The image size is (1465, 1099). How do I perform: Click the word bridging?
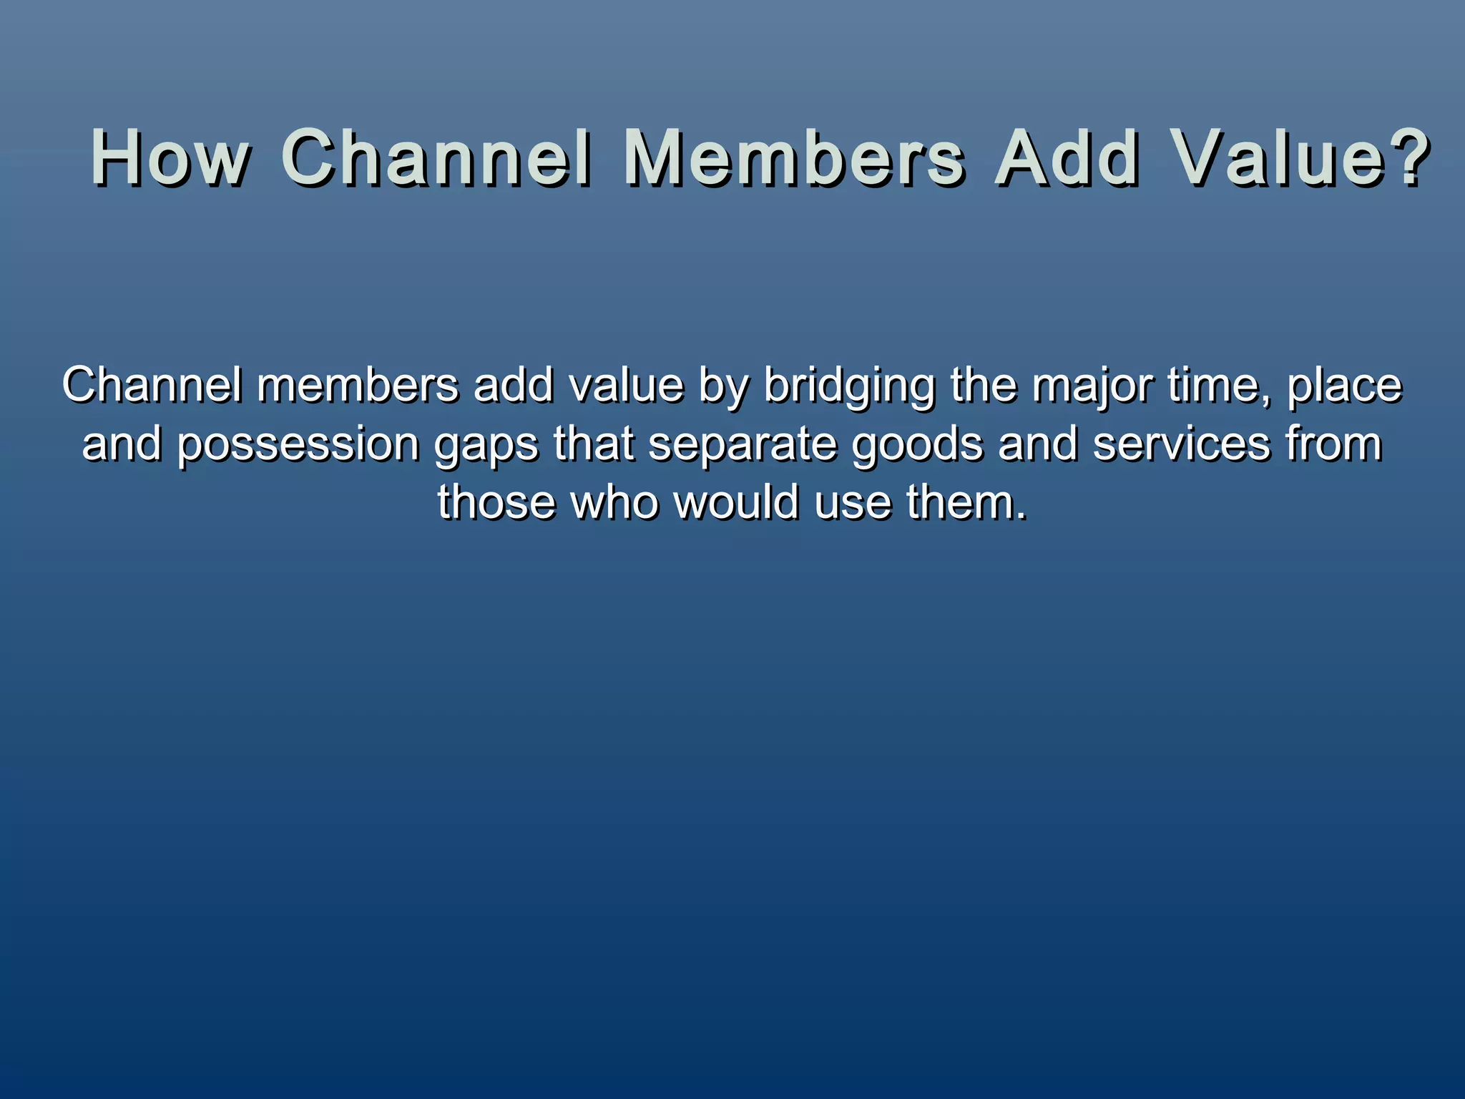tap(849, 386)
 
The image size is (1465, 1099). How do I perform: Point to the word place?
tap(1345, 386)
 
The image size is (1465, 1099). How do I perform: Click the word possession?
tap(298, 445)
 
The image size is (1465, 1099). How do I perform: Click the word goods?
tap(917, 445)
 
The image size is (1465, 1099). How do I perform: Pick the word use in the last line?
tap(853, 503)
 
